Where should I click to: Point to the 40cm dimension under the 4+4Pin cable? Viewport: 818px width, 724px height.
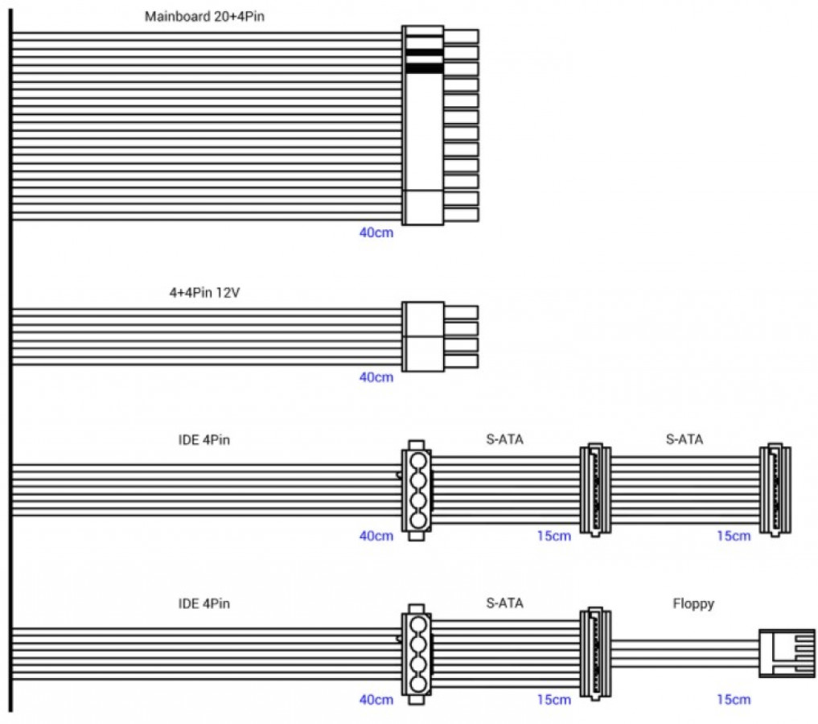pyautogui.click(x=376, y=376)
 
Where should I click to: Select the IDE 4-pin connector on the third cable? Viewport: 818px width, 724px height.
pyautogui.click(x=416, y=490)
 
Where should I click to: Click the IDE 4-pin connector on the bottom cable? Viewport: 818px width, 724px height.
pyautogui.click(x=416, y=654)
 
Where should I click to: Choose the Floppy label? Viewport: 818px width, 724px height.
pyautogui.click(x=693, y=603)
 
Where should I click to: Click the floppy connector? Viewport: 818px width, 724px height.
pyautogui.click(x=786, y=653)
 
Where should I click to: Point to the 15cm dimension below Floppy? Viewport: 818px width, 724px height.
pyautogui.click(x=733, y=699)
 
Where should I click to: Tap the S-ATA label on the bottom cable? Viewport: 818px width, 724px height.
pyautogui.click(x=504, y=603)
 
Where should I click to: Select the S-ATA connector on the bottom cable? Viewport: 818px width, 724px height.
pyautogui.click(x=595, y=653)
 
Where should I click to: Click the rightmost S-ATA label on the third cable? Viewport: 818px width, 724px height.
pyautogui.click(x=684, y=439)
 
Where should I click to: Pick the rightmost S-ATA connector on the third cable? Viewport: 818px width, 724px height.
pyautogui.click(x=775, y=489)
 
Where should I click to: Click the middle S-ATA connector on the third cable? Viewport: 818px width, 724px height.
pyautogui.click(x=595, y=489)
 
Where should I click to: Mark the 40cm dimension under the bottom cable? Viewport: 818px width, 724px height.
pyautogui.click(x=376, y=699)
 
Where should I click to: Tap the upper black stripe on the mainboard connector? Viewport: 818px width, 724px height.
pyautogui.click(x=423, y=53)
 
